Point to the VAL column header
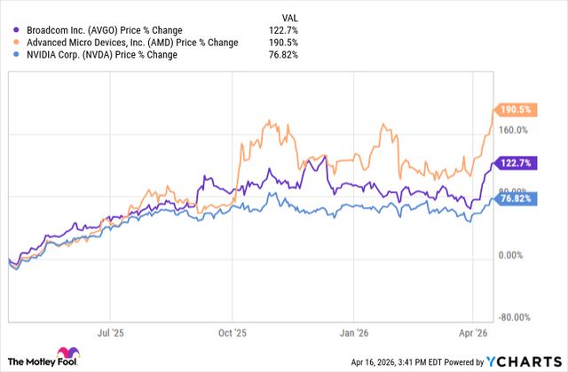288,14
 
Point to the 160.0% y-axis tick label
512,130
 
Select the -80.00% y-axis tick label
512,317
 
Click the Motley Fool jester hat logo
67,354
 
